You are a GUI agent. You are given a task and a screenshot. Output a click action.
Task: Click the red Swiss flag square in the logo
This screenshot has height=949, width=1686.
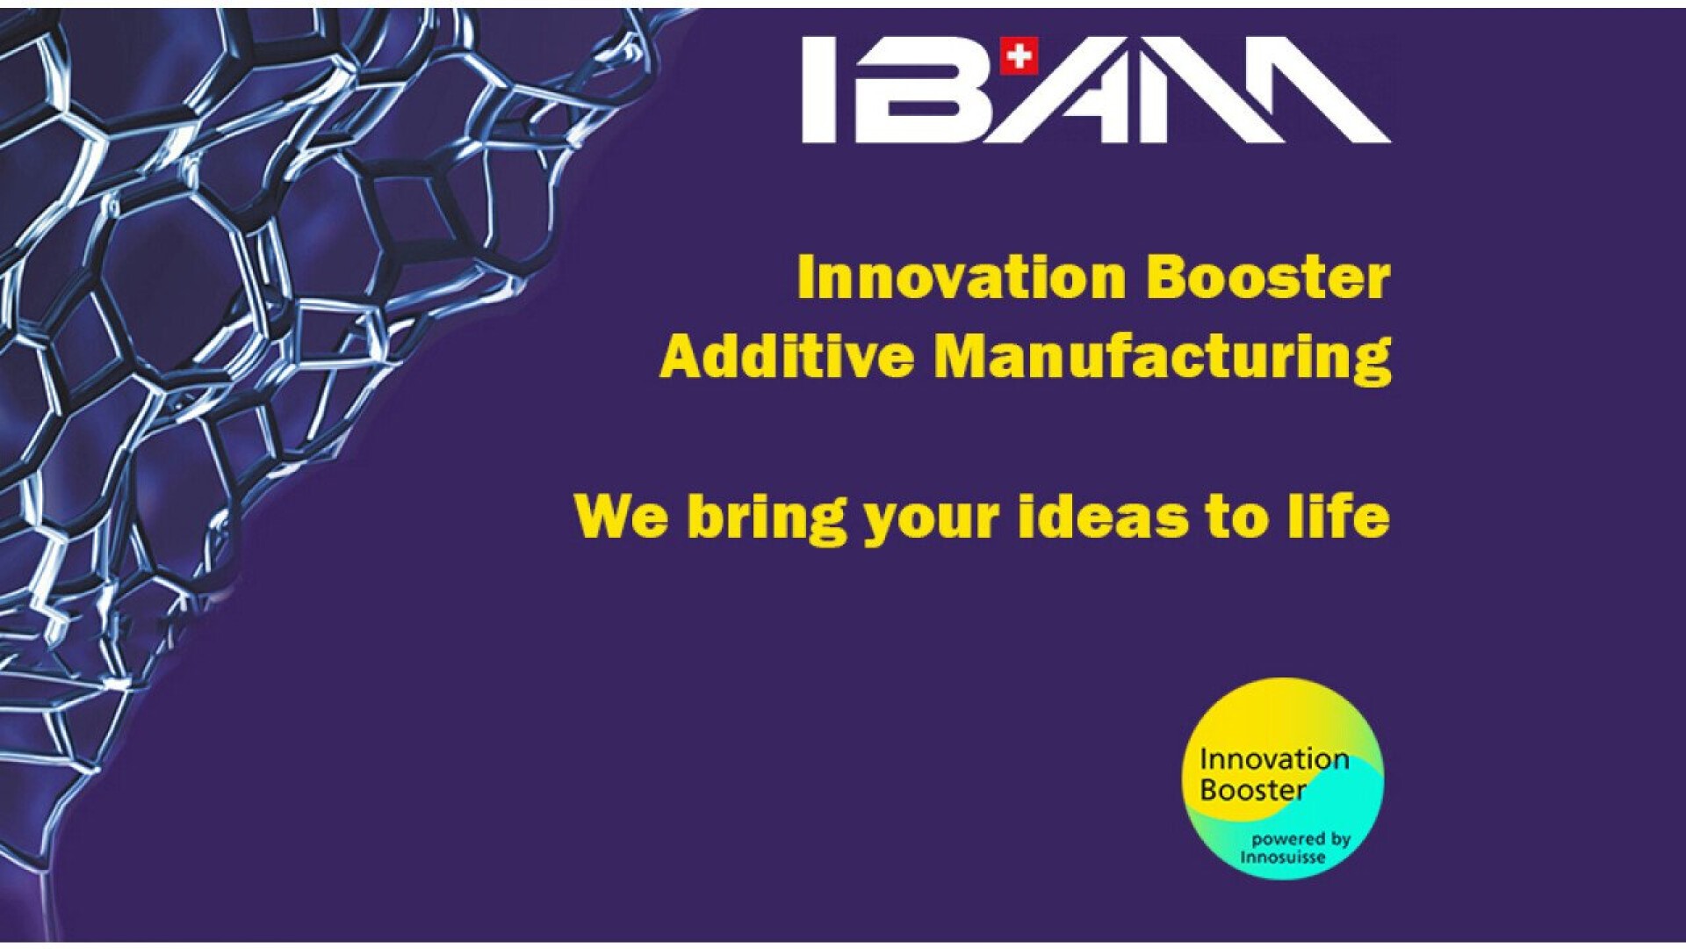[x=1019, y=56]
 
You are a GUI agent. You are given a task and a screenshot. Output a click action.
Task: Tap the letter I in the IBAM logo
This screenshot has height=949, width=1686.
[x=819, y=89]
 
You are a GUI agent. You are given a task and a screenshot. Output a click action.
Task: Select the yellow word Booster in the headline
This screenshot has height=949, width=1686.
[x=1269, y=277]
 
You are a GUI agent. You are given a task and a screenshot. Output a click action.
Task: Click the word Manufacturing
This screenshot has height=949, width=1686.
[x=1163, y=359]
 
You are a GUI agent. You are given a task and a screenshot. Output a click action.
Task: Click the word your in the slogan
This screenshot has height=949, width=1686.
[x=932, y=522]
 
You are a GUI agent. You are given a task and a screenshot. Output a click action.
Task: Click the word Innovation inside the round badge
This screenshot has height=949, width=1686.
[x=1274, y=759]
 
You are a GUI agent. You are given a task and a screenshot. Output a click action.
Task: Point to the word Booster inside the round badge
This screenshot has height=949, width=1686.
[x=1252, y=789]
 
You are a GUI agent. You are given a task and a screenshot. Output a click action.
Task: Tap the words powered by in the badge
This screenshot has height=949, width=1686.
[x=1301, y=840]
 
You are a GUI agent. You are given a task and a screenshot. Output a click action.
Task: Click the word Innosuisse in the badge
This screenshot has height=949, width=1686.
[x=1283, y=857]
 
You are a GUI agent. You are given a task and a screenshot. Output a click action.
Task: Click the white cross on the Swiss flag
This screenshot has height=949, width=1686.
[x=1019, y=56]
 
